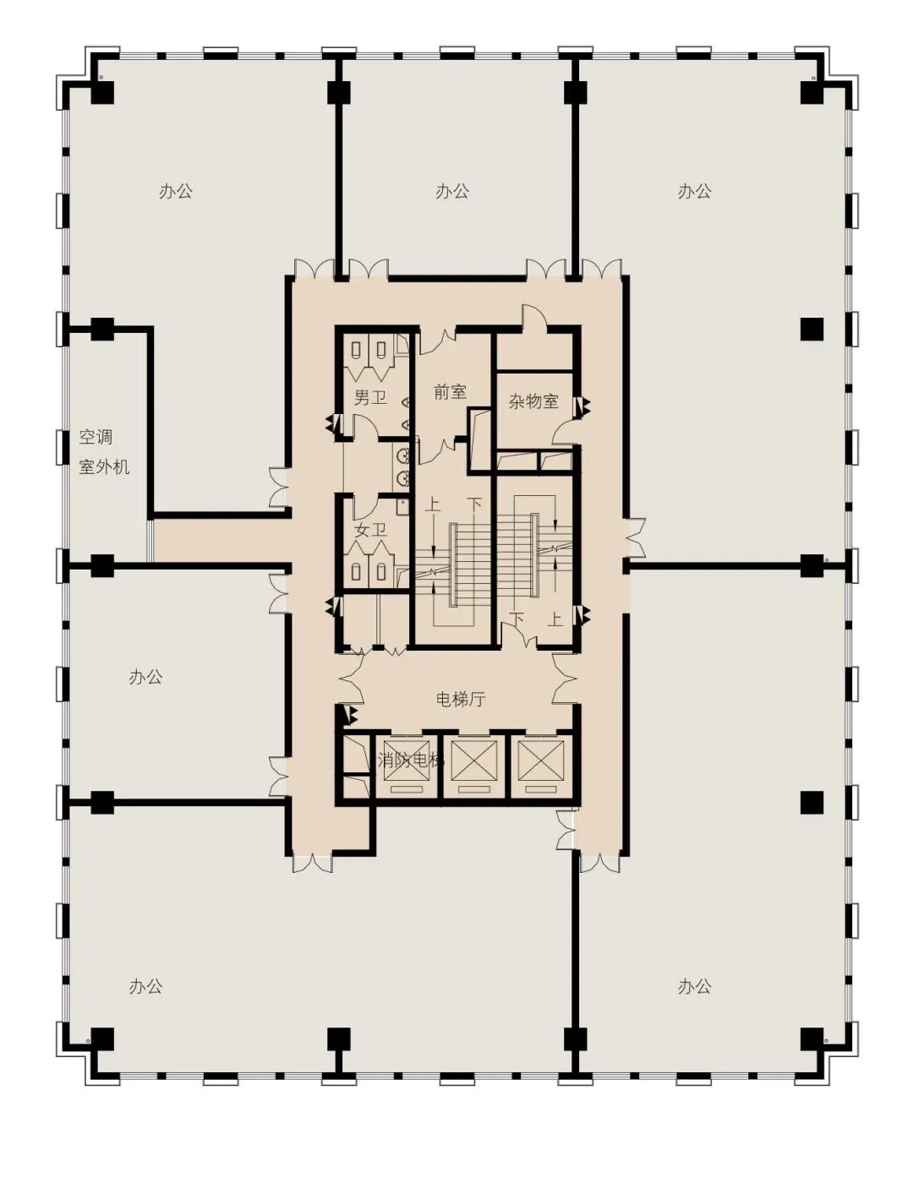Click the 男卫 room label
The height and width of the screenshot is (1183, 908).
click(x=370, y=398)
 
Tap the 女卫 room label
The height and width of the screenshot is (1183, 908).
click(x=371, y=530)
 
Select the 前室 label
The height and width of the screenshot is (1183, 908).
click(x=450, y=391)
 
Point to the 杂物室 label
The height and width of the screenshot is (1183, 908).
click(x=533, y=401)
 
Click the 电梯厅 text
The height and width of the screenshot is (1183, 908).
click(x=460, y=699)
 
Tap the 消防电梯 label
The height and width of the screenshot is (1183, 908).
click(x=410, y=760)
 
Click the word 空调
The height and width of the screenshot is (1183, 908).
click(x=96, y=437)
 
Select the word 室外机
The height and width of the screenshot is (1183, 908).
click(x=104, y=466)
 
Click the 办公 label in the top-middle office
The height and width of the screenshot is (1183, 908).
click(x=451, y=191)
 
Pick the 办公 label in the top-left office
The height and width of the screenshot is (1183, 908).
click(x=175, y=191)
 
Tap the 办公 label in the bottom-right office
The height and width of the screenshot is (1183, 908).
click(x=694, y=986)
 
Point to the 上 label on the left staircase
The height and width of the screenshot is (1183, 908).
click(x=432, y=504)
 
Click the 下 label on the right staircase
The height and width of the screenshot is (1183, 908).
click(x=517, y=619)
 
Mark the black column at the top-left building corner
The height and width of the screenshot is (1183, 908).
click(x=101, y=92)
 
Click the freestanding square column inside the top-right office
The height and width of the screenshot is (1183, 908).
click(x=812, y=330)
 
